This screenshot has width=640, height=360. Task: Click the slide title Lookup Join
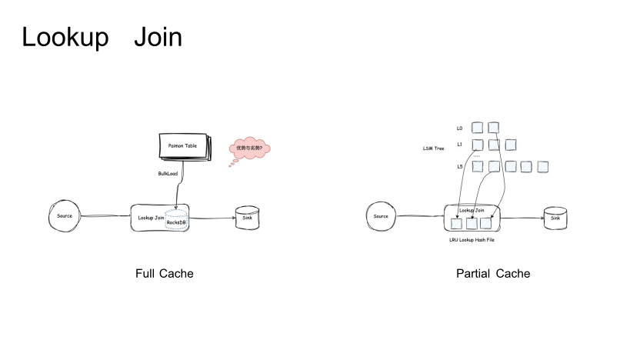pos(102,36)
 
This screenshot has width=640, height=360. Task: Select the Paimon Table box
pos(183,145)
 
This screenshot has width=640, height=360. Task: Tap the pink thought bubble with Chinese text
pos(249,148)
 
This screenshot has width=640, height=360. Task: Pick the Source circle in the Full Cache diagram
pos(65,216)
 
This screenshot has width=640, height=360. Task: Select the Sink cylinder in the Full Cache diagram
pos(247,219)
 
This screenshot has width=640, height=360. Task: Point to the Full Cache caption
pos(165,274)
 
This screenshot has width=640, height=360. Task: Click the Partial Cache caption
pos(493,274)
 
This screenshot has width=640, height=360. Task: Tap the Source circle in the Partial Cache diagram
pos(381,216)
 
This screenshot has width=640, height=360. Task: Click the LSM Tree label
pos(434,148)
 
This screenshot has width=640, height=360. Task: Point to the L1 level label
pos(459,144)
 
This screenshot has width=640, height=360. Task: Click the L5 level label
pos(459,166)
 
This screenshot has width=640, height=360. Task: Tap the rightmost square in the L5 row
pos(542,166)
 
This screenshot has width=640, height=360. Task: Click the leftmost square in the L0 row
pos(477,127)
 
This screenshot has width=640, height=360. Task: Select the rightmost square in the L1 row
pos(510,144)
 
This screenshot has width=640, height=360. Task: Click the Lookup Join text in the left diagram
pos(152,218)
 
